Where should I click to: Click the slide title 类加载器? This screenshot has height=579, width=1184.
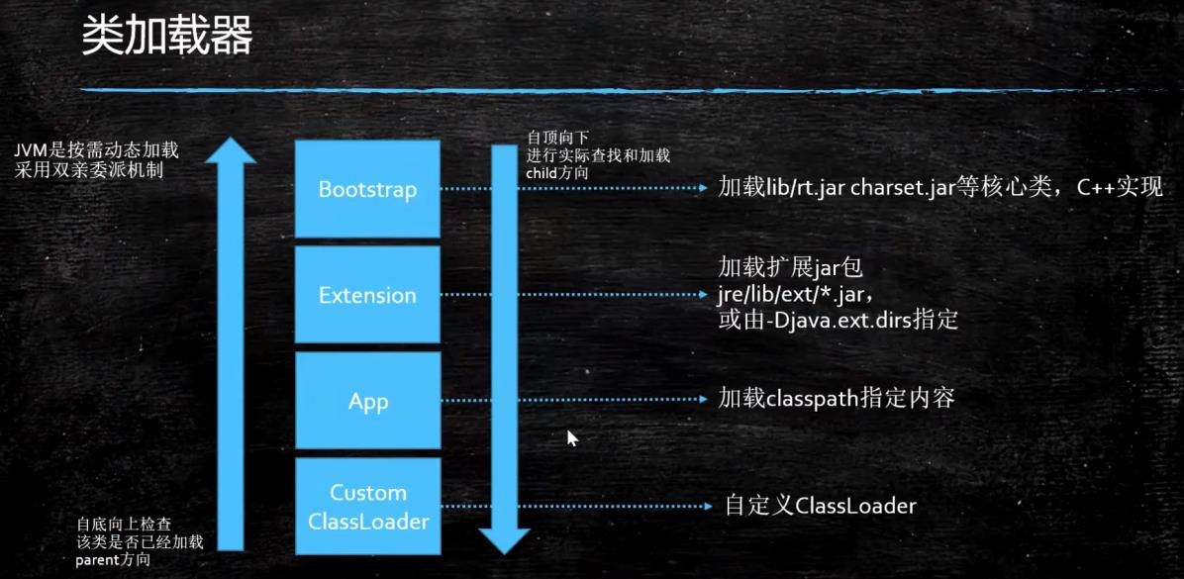click(166, 37)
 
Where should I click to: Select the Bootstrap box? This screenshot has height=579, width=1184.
click(367, 188)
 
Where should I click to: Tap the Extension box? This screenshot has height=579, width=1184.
click(367, 295)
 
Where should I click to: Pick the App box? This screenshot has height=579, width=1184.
click(367, 402)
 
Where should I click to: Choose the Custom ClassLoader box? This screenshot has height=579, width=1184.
click(367, 506)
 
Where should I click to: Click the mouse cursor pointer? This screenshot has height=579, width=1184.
click(571, 437)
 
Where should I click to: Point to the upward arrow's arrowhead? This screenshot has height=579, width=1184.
click(231, 151)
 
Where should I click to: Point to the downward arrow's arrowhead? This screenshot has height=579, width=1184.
click(504, 539)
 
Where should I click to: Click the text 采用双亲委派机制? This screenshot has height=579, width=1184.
click(89, 170)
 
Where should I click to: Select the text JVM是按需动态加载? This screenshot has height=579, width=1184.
click(96, 150)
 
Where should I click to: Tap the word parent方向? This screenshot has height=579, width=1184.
click(114, 560)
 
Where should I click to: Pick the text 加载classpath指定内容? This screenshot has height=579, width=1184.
click(837, 399)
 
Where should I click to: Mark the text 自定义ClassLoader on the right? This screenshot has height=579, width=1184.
click(821, 506)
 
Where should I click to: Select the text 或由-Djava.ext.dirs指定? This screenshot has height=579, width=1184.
click(839, 321)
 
